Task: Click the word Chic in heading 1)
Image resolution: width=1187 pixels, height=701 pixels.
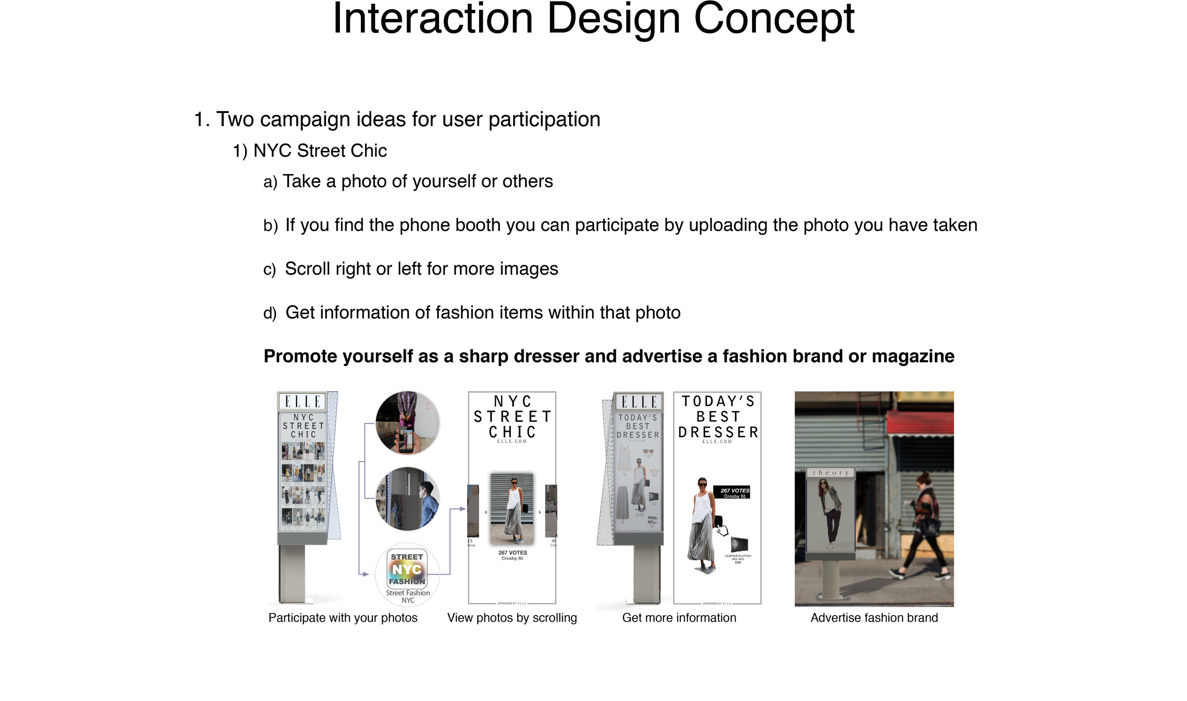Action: [x=368, y=151]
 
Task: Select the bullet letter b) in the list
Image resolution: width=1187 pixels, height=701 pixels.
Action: [x=270, y=226]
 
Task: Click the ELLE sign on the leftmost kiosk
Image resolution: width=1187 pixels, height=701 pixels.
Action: [x=302, y=402]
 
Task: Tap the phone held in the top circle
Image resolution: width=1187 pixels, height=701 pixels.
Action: [x=406, y=439]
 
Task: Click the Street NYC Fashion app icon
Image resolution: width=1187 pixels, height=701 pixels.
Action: [x=407, y=569]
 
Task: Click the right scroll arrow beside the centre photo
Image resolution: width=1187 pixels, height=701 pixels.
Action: [x=540, y=513]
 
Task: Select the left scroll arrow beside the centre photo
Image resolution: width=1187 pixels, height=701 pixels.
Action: [x=485, y=513]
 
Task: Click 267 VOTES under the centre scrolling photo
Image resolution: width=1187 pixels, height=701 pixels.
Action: [x=512, y=553]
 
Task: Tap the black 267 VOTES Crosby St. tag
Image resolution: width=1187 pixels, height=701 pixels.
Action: [x=732, y=493]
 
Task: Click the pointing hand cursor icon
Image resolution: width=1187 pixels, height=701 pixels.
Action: [x=722, y=530]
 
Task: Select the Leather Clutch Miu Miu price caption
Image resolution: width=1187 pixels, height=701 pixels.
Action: [x=738, y=559]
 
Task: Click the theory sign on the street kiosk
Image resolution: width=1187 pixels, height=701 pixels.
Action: [x=830, y=473]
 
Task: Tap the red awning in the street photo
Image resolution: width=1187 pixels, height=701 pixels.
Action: [x=920, y=423]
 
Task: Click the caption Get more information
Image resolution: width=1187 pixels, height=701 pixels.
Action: [x=679, y=618]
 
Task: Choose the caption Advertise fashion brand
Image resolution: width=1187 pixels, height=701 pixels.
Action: [x=874, y=618]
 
